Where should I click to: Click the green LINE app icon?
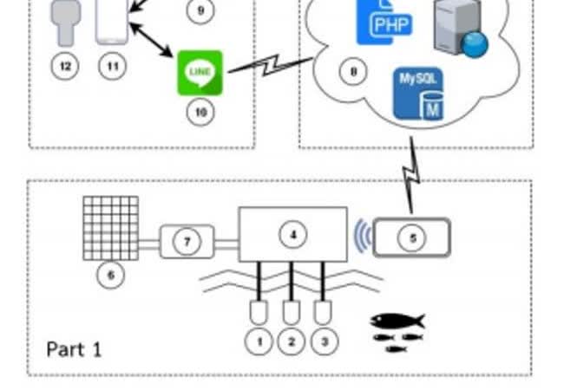(200, 73)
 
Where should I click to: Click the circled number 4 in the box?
(293, 233)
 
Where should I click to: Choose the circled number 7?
(187, 241)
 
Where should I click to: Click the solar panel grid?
(110, 228)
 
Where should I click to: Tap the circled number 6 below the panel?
(110, 276)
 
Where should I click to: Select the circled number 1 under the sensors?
(259, 341)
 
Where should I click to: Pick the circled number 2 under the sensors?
(291, 341)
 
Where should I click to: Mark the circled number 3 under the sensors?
(324, 341)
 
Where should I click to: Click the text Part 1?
(74, 349)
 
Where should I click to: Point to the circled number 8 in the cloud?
(352, 72)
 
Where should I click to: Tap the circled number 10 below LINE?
(200, 113)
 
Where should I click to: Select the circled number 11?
(112, 65)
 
